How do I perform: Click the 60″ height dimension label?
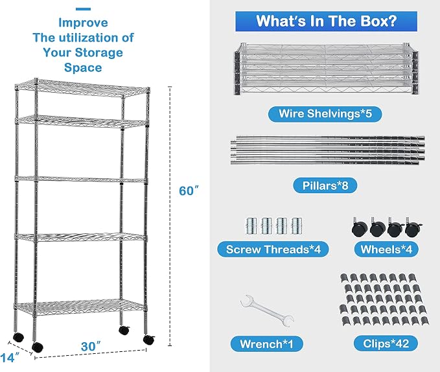tap(189, 191)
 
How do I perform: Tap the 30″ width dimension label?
tap(91, 347)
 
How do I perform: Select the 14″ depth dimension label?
tap(10, 357)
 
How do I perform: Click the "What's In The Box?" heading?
tap(326, 21)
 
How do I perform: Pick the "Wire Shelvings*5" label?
tap(325, 113)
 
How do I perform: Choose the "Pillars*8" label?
tap(325, 185)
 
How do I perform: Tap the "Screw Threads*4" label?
tap(273, 249)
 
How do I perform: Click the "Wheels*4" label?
tap(386, 249)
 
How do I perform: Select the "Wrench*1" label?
tap(266, 343)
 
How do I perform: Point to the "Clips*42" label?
tap(386, 343)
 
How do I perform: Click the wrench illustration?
tap(267, 310)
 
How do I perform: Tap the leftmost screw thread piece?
tap(251, 226)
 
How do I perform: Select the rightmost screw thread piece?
tap(296, 226)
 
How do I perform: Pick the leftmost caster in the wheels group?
tap(360, 228)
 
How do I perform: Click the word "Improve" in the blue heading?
tap(83, 23)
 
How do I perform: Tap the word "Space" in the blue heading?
tap(83, 67)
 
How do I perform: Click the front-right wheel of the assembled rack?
tap(149, 340)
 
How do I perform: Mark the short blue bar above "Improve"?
tap(83, 9)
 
